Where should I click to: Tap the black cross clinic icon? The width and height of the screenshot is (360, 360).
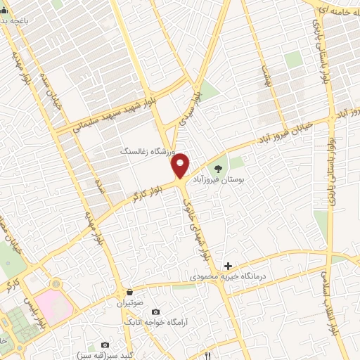(x=227, y=266)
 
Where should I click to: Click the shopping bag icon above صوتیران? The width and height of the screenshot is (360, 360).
(x=129, y=292)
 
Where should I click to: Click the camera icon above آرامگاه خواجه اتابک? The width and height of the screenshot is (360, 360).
(x=155, y=311)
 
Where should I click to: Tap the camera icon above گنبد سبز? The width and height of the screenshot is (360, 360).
(x=105, y=345)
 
